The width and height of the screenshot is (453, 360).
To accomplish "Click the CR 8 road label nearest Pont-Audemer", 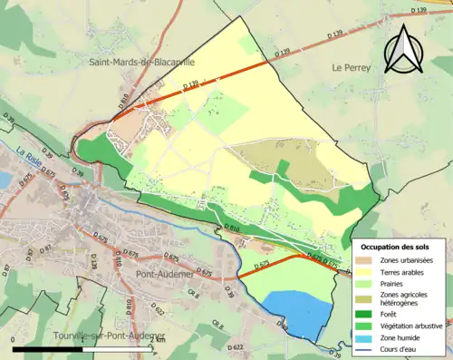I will pos(193,293).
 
